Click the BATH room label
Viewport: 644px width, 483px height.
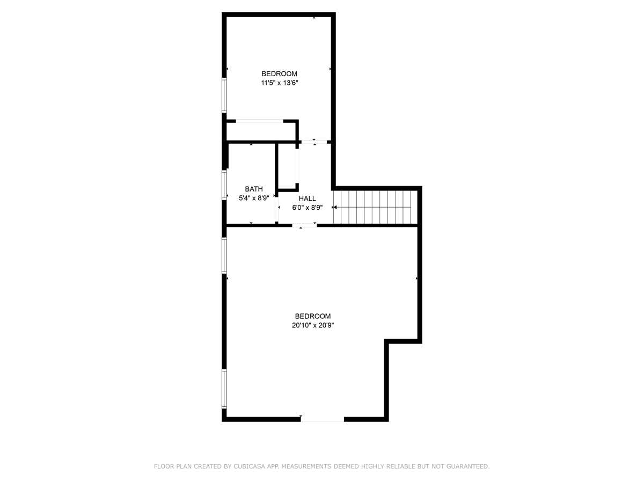(x=254, y=189)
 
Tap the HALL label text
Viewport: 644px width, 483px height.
(x=308, y=199)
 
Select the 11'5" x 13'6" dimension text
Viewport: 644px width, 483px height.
(x=279, y=83)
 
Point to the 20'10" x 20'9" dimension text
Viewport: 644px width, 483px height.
(x=312, y=325)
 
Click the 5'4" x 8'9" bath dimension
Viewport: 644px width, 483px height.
(x=254, y=197)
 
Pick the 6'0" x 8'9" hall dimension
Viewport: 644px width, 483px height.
(x=308, y=207)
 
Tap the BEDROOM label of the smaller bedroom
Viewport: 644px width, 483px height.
(x=279, y=74)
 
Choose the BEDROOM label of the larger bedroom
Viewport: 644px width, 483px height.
(x=312, y=317)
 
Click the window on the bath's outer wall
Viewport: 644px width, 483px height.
(x=224, y=185)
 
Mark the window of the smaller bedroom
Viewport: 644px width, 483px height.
(x=224, y=96)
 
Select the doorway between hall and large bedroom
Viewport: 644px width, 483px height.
(x=304, y=225)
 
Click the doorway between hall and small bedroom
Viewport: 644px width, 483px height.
(x=313, y=142)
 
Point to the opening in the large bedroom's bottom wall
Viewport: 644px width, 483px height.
(x=322, y=419)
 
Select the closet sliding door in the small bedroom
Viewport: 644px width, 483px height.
(x=259, y=121)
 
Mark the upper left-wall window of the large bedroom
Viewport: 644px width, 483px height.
(x=224, y=255)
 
